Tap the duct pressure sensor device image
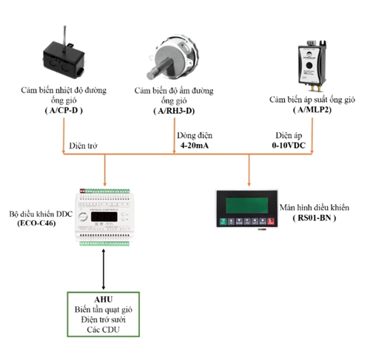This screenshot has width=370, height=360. pos(312,65)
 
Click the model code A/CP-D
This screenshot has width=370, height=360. pos(64,110)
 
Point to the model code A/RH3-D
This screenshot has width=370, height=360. pos(175,111)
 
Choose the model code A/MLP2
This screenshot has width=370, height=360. pos(313,109)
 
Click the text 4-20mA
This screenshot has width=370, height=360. pos(195,146)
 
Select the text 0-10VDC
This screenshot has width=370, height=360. pos(289,146)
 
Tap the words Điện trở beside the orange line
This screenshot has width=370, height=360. pos(83,146)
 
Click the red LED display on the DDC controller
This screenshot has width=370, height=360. pos(104,217)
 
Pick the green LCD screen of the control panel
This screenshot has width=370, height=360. pos(247,206)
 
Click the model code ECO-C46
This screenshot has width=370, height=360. pos(36,223)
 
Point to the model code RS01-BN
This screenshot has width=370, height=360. pos(314,218)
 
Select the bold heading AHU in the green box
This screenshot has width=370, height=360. pos(104,299)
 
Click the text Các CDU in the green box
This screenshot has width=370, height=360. pos(103,330)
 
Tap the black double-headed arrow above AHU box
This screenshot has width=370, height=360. pos(104,269)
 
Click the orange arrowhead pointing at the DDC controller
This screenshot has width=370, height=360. pos(105,184)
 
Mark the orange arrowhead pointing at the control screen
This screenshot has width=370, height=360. pos(249,184)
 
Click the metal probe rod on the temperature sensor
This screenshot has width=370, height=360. pos(64,39)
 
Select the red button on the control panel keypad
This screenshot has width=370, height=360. pos(271,221)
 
